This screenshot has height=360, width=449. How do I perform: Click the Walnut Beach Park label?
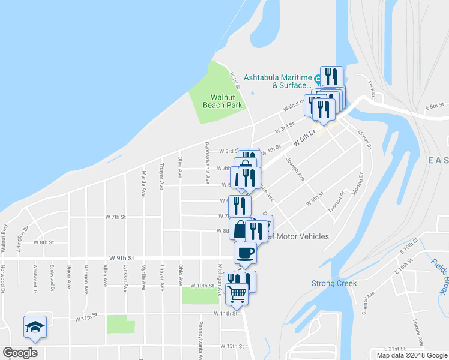[x=226, y=101]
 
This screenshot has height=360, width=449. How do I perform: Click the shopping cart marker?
[x=237, y=295]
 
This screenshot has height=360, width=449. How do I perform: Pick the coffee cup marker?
[x=245, y=253]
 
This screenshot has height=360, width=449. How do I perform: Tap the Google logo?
[x=20, y=353]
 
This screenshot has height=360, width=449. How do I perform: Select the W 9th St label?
[x=120, y=257]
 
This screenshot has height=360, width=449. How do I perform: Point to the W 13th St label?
[x=232, y=346]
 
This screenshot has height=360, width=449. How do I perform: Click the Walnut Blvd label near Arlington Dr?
[x=4, y=238]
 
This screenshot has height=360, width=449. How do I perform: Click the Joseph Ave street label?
[x=295, y=170]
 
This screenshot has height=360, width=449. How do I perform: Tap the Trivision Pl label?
[x=336, y=204]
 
